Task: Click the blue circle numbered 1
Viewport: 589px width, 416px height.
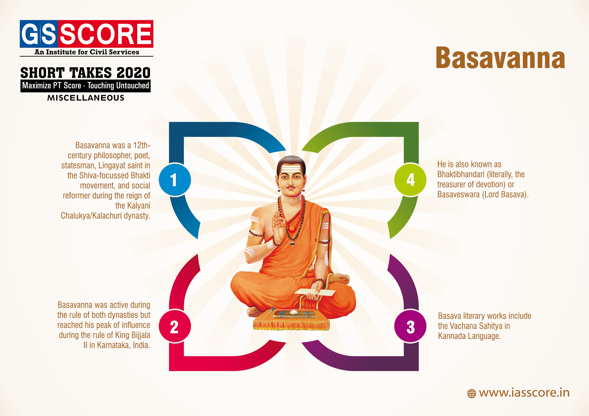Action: pyautogui.click(x=175, y=180)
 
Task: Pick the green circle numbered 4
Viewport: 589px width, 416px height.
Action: pyautogui.click(x=411, y=180)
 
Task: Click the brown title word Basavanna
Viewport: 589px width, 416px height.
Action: pyautogui.click(x=500, y=58)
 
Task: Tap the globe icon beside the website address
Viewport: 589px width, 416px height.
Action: pyautogui.click(x=471, y=394)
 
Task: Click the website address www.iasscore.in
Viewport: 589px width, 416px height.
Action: pyautogui.click(x=524, y=393)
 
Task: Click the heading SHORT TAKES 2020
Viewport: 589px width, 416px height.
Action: pyautogui.click(x=85, y=73)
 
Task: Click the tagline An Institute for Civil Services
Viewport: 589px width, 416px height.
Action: pyautogui.click(x=87, y=52)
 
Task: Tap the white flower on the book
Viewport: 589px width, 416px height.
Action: pyautogui.click(x=293, y=312)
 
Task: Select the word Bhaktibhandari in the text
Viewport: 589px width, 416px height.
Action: pyautogui.click(x=461, y=174)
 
